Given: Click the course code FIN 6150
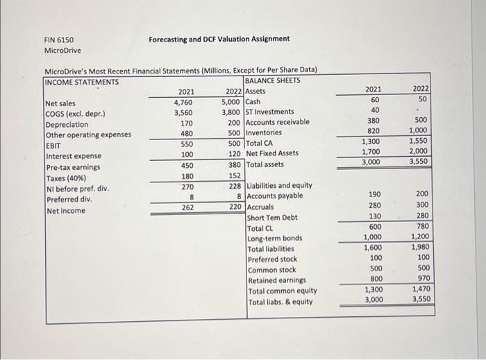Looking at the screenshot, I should pyautogui.click(x=59, y=40).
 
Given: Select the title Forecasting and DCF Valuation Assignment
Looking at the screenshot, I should pyautogui.click(x=219, y=39).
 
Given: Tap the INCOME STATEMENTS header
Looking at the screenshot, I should pyautogui.click(x=81, y=81).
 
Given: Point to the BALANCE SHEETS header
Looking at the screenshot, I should pyautogui.click(x=273, y=81).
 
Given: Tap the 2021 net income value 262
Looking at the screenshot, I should pyautogui.click(x=187, y=207).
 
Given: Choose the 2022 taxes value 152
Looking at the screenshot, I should pyautogui.click(x=235, y=175).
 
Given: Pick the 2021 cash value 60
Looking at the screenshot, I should pyautogui.click(x=376, y=99).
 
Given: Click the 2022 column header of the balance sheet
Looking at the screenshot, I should pyautogui.click(x=421, y=89).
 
